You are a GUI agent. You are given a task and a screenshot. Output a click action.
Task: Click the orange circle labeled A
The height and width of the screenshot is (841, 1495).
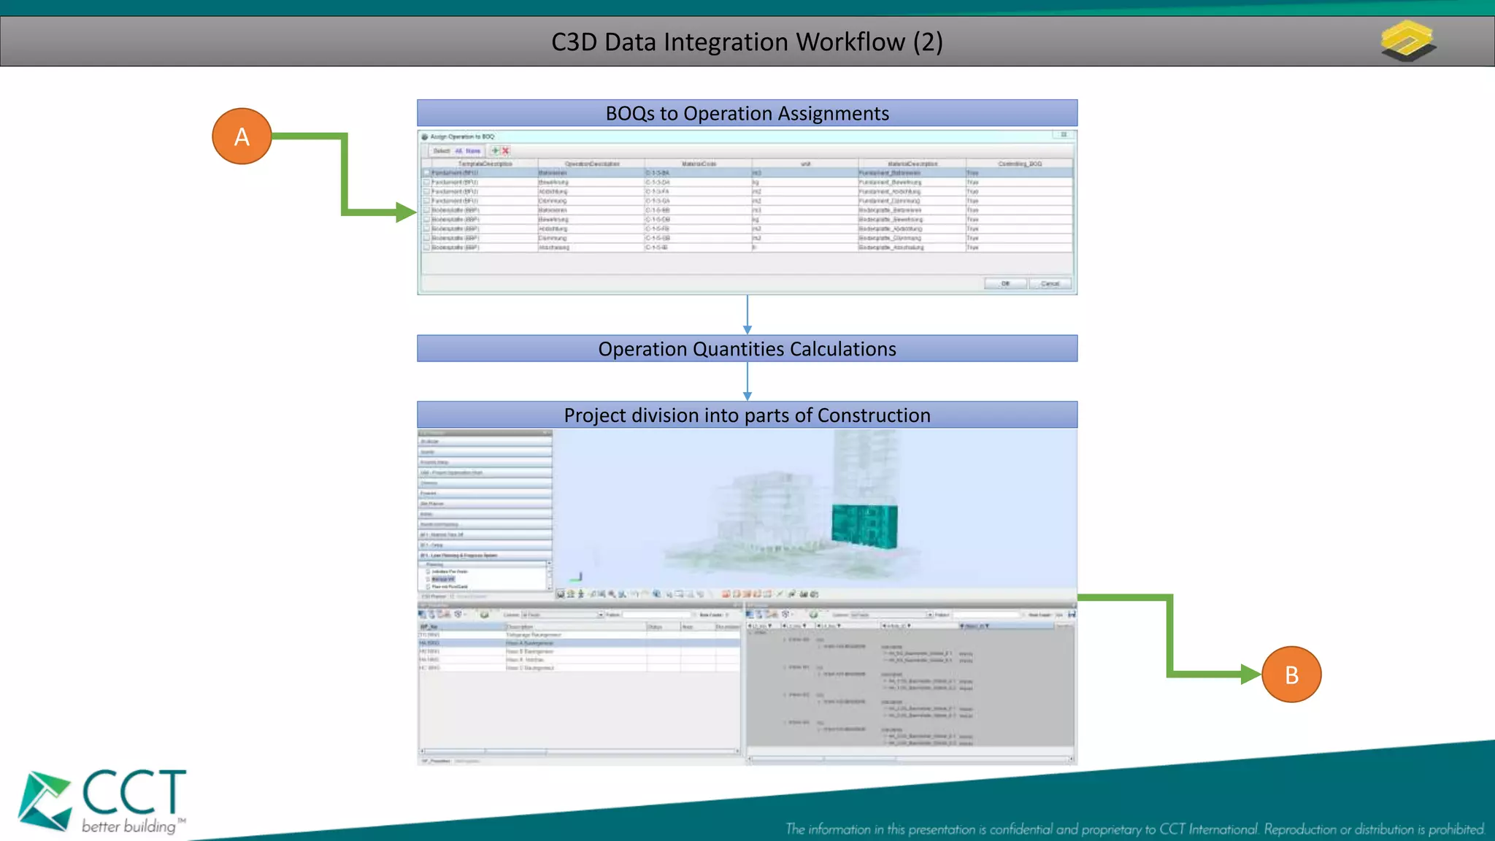tap(242, 137)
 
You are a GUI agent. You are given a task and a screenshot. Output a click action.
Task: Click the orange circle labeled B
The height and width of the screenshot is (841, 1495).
tap(1291, 675)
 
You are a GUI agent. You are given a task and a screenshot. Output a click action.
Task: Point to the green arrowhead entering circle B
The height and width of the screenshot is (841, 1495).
tap(1250, 674)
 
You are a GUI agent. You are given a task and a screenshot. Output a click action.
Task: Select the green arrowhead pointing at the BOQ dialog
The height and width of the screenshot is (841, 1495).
tap(405, 212)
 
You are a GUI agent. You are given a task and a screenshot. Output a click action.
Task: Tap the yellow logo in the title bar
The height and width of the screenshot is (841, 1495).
tap(1408, 41)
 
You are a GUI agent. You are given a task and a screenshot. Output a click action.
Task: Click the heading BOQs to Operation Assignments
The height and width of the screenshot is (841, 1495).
tap(747, 114)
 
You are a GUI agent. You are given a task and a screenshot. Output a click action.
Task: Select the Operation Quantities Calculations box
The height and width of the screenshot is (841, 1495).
tap(747, 349)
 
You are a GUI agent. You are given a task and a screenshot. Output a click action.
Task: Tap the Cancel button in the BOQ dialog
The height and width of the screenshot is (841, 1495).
tap(1050, 283)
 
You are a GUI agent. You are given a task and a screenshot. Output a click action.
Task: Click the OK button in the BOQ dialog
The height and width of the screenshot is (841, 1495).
tap(1005, 283)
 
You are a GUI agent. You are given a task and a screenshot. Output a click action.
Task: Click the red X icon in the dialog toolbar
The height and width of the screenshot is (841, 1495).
tap(505, 151)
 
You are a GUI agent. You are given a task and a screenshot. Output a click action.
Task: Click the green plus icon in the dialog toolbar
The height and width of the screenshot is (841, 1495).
tap(495, 151)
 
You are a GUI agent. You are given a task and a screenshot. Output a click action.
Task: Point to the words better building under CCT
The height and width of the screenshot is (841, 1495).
tap(129, 826)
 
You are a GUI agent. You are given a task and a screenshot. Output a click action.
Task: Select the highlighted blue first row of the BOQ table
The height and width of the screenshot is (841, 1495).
tap(747, 173)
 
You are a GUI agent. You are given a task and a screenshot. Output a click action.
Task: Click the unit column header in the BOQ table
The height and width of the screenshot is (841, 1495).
tap(804, 164)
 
